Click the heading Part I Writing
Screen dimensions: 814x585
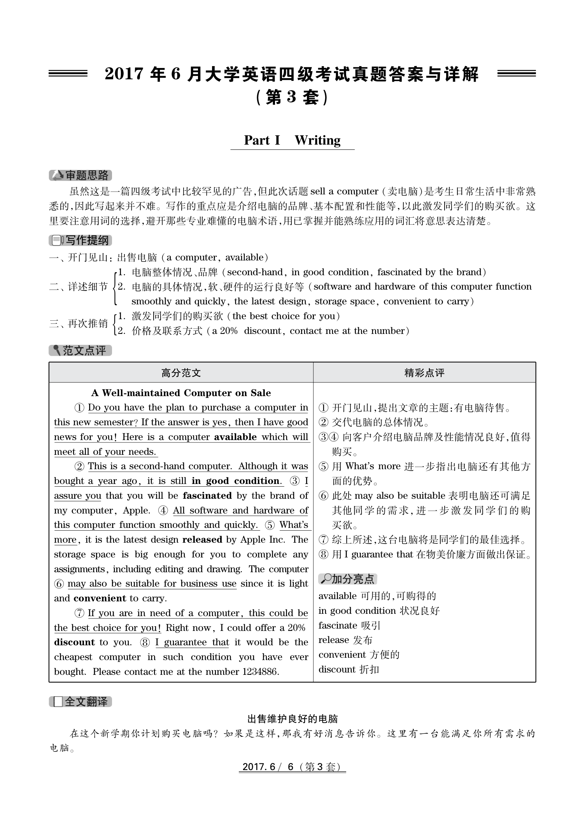click(x=292, y=140)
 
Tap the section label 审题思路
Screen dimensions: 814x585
click(x=81, y=176)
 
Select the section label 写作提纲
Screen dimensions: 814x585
click(x=81, y=241)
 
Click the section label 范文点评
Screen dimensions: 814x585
click(x=81, y=351)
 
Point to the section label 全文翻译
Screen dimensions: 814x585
click(x=81, y=702)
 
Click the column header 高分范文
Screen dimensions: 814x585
click(x=181, y=373)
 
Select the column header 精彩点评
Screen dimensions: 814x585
click(x=424, y=373)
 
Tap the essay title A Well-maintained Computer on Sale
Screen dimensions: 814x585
click(x=181, y=393)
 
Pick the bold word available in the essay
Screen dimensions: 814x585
click(x=235, y=437)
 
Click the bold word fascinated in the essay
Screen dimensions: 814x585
click(x=207, y=496)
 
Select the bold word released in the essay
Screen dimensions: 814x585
click(x=202, y=540)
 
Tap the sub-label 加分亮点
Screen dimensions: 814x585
click(x=348, y=579)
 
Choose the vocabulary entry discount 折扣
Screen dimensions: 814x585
click(x=349, y=669)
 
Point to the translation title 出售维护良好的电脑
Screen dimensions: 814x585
click(x=292, y=718)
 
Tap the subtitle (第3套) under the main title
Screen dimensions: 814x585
click(x=292, y=98)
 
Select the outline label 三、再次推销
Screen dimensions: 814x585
click(x=78, y=323)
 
